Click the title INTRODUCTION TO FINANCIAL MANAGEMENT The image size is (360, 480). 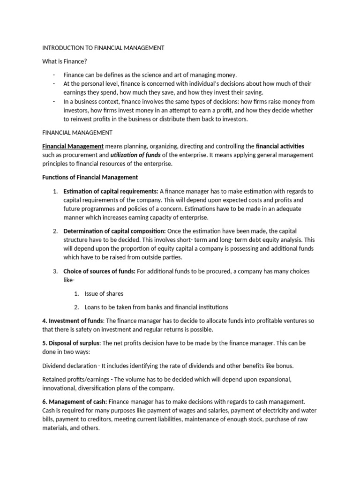103,48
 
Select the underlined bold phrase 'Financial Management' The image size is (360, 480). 73,146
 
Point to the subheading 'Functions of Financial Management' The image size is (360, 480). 90,177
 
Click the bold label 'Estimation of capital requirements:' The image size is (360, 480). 111,191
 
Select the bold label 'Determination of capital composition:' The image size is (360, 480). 114,231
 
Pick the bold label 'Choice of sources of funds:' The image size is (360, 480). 99,271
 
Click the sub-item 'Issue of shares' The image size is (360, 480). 104,293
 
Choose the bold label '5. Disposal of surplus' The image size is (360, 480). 73,343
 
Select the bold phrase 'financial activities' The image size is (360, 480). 280,146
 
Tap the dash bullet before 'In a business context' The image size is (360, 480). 54,102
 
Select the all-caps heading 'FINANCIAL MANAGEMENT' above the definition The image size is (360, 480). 77,133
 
